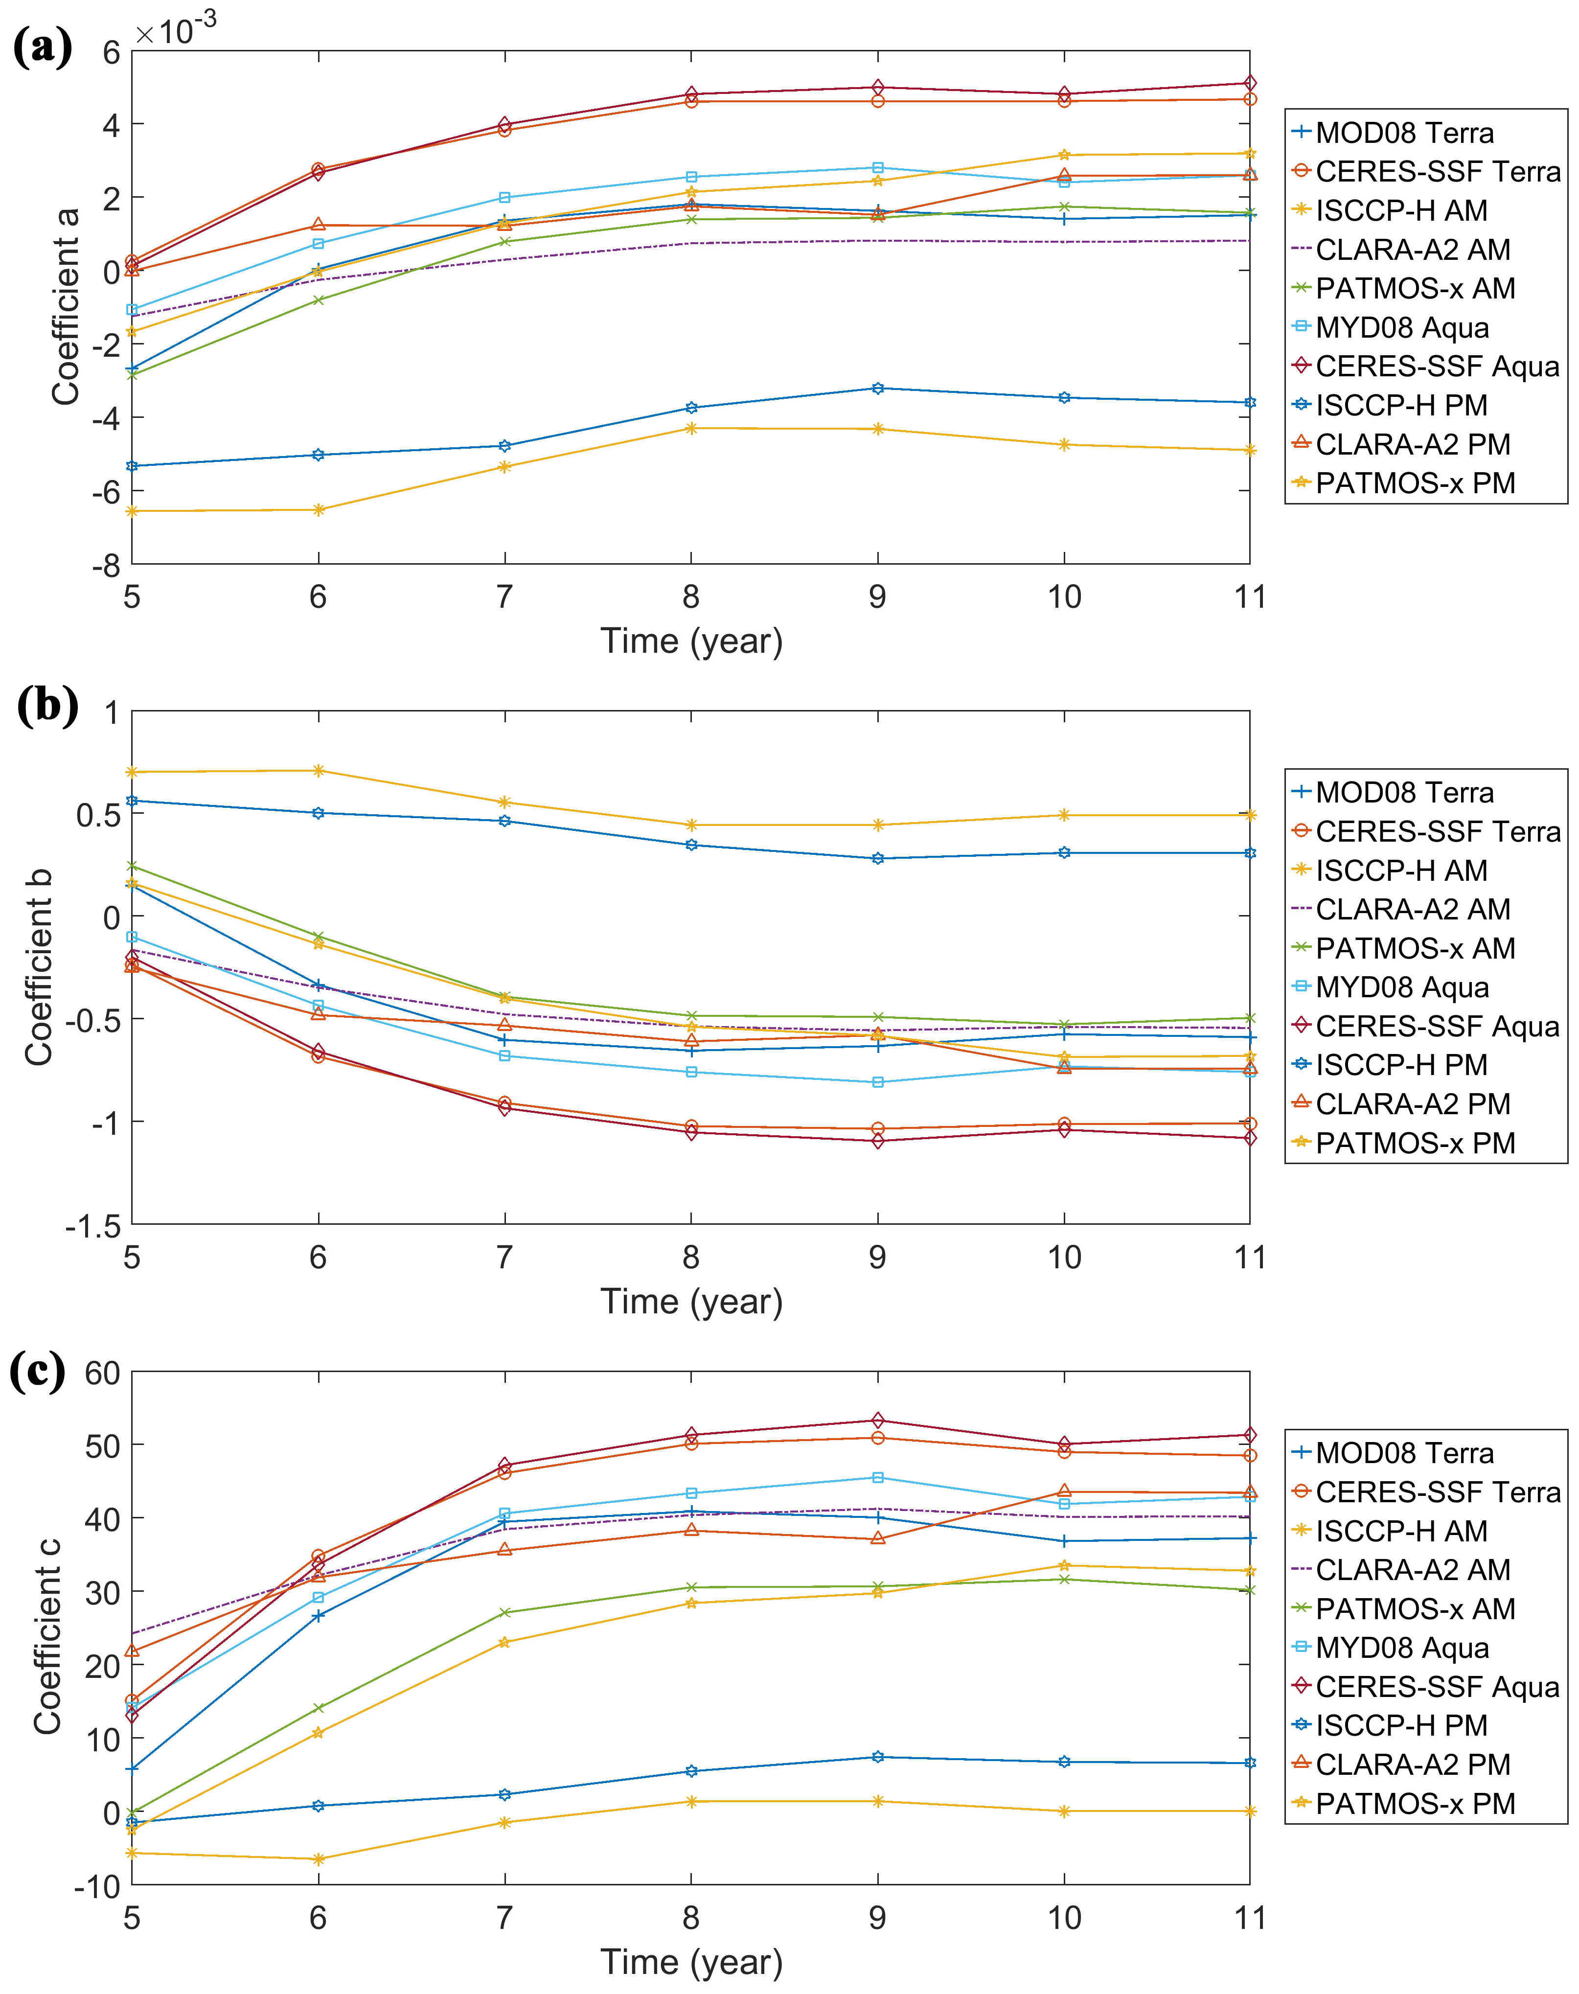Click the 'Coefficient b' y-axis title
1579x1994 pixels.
click(39, 966)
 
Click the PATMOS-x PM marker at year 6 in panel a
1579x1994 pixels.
click(319, 509)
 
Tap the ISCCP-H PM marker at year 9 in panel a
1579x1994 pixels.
click(877, 388)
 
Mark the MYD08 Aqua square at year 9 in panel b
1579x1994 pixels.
click(877, 1081)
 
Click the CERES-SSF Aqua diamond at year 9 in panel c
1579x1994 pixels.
click(877, 1421)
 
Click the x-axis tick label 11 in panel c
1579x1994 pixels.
click(1250, 1918)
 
